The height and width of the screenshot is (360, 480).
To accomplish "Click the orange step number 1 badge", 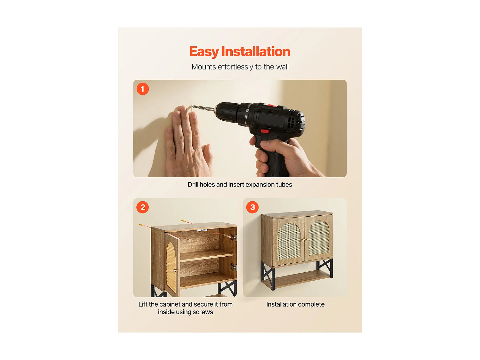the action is tap(143, 89).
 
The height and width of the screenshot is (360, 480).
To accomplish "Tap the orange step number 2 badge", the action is tap(143, 207).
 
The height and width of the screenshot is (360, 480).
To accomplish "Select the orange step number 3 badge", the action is tap(252, 207).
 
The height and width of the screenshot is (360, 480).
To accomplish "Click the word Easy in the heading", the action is tap(204, 52).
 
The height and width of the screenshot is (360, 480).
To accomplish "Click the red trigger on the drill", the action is tap(265, 131).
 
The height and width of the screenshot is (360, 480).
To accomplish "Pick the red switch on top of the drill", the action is tap(271, 105).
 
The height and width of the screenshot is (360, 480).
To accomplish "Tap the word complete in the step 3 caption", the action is tap(311, 304).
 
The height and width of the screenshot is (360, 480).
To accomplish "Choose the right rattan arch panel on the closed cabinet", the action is tap(319, 238).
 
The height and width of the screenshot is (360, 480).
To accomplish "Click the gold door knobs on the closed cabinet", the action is tap(305, 240).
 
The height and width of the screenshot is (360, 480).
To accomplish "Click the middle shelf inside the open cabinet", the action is tap(207, 256).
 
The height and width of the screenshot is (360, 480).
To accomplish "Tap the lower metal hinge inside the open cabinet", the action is tap(233, 267).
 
